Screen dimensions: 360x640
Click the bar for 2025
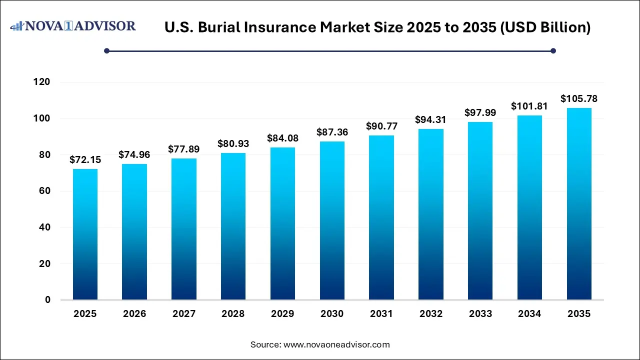[85, 234]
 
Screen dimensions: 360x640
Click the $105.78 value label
[579, 98]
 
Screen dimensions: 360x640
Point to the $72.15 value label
[85, 160]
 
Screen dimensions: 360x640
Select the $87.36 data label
[332, 132]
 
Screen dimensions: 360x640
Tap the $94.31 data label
[431, 120]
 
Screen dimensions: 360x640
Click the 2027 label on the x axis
[184, 314]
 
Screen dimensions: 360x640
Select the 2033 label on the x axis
[480, 314]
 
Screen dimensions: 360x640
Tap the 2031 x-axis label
[381, 314]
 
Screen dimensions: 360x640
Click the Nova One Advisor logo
[73, 26]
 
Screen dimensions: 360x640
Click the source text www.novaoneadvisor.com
[336, 344]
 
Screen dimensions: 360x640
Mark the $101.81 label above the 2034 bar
[529, 106]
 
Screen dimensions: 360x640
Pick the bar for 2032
[431, 214]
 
